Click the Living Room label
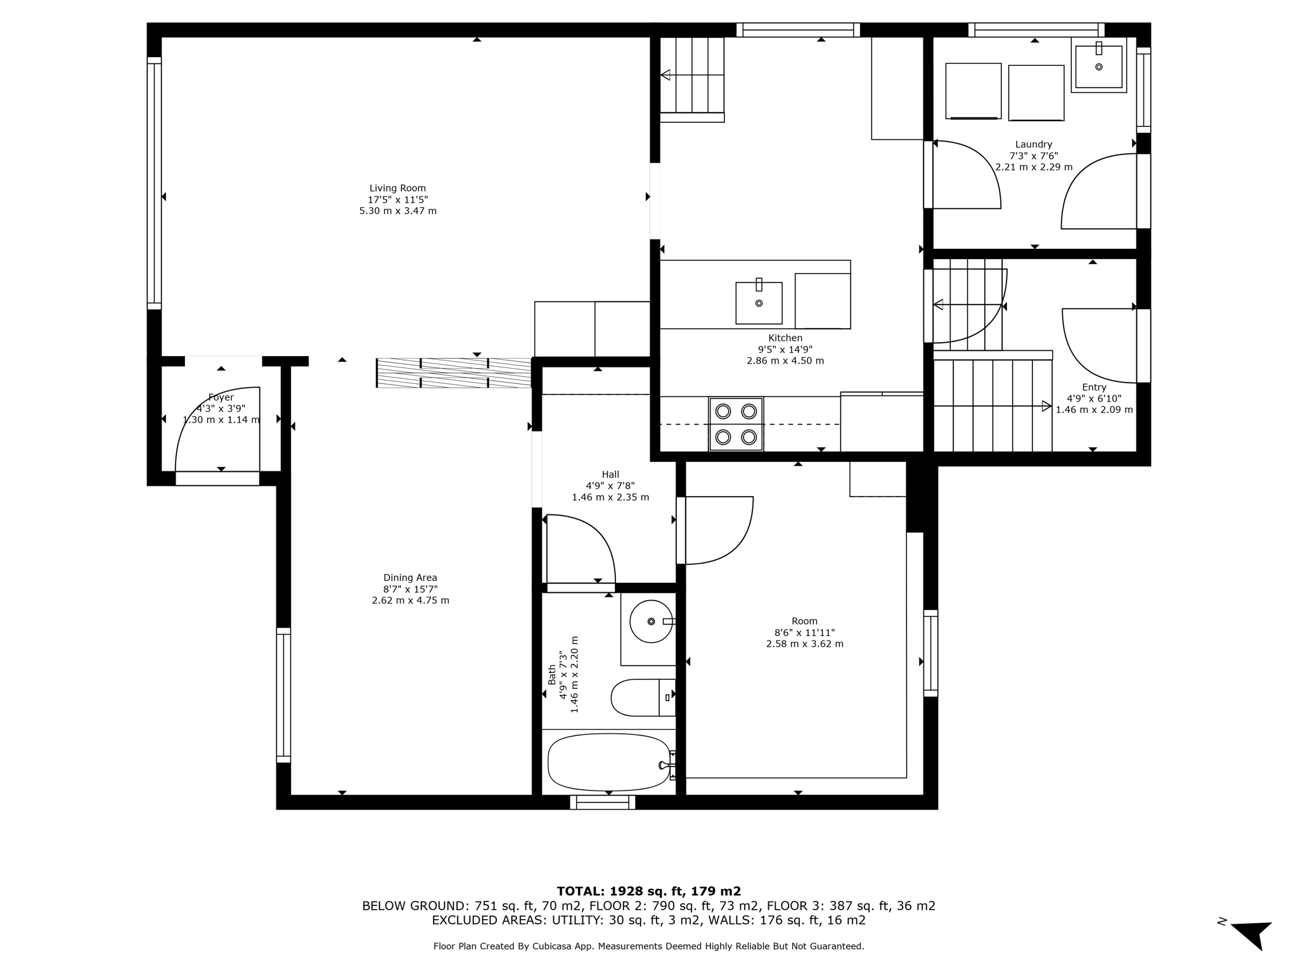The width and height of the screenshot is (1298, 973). pos(397,188)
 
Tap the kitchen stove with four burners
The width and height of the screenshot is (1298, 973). pos(736,424)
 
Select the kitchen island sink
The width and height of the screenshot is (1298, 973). pos(759,303)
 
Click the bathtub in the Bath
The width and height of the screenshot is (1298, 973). pos(608,762)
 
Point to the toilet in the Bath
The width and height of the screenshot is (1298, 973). pos(641,697)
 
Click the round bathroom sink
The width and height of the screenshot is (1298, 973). pos(651,621)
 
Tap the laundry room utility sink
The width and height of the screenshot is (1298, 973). pos(1098,65)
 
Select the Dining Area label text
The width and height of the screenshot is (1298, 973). pos(410,578)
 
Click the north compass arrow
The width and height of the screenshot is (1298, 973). pos(1252,934)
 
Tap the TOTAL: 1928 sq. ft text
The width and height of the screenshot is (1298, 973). pos(648,891)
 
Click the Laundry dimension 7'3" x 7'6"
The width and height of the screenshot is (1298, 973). pos(1033,156)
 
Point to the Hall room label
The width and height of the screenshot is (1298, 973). pos(610,474)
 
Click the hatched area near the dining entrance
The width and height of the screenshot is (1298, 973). pos(453,372)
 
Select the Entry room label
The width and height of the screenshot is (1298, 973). pos(1094,388)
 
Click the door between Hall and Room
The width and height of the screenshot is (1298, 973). pos(716,531)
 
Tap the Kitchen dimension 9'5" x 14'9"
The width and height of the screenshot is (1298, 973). pos(785,350)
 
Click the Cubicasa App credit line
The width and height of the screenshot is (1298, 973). pos(648,946)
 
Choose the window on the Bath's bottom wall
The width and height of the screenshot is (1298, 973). pos(602,802)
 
